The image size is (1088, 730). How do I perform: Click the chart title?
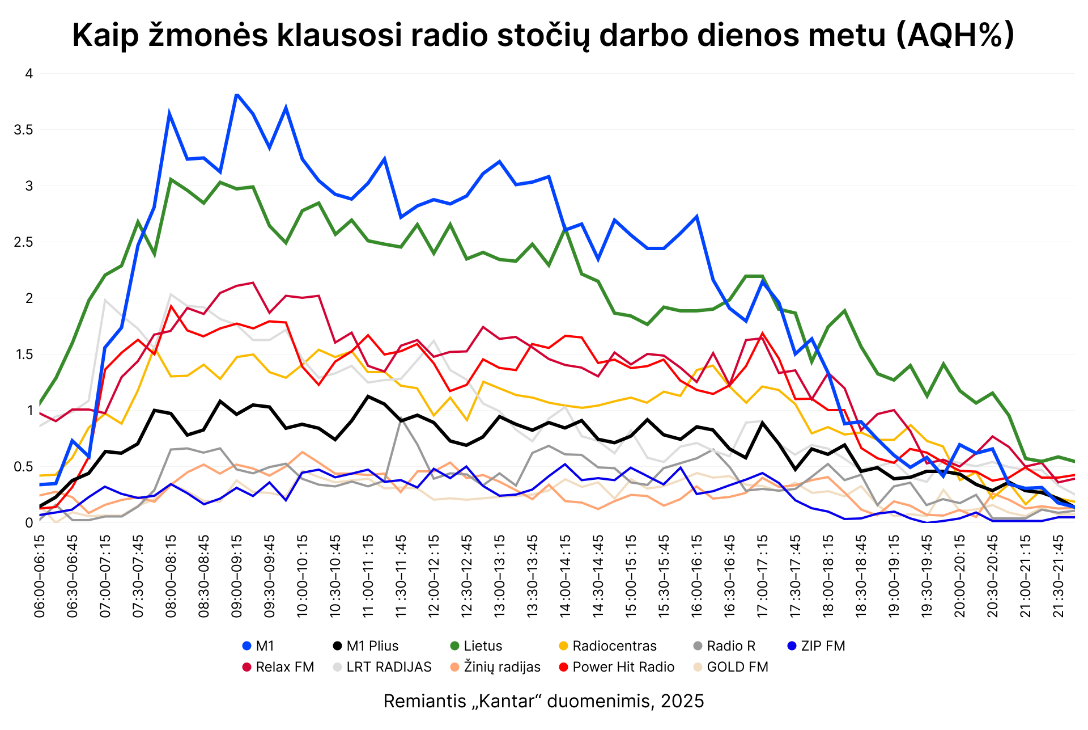tap(543, 35)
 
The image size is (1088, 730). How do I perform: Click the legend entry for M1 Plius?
tap(372, 646)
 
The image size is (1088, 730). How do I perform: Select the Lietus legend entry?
tap(482, 646)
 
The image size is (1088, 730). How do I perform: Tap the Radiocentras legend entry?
tap(614, 646)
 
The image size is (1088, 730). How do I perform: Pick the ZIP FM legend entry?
tap(822, 646)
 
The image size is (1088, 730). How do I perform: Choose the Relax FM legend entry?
tap(284, 667)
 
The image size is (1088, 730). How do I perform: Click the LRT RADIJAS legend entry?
tap(389, 667)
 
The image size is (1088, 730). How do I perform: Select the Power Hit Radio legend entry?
tap(623, 667)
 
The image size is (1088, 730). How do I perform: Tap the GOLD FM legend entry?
tap(737, 667)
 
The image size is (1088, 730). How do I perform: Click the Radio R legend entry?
tap(730, 646)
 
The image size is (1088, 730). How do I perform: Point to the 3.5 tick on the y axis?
tap(23, 130)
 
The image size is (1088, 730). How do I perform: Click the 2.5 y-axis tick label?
tap(23, 242)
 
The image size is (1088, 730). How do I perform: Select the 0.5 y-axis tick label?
tap(23, 467)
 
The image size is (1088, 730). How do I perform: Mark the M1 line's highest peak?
tap(237, 94)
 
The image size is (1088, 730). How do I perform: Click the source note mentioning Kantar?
tap(543, 701)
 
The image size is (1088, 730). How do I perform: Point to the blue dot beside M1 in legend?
tap(246, 646)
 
